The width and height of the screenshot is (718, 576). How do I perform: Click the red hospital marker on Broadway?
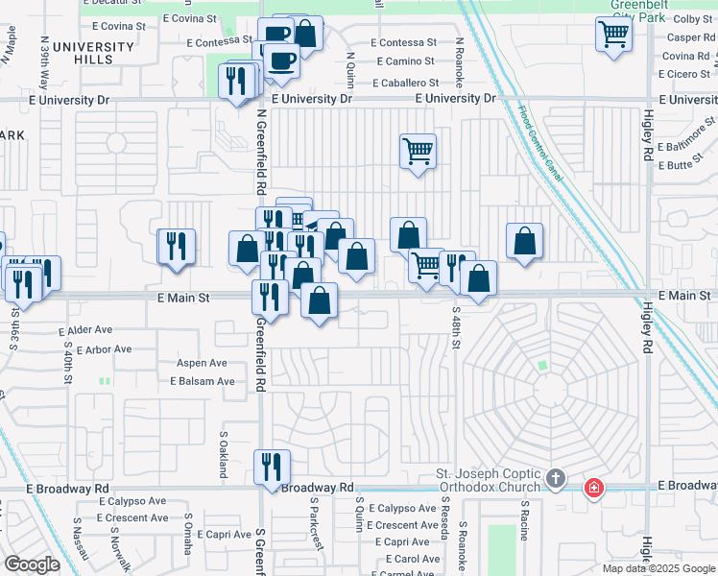pyautogui.click(x=594, y=489)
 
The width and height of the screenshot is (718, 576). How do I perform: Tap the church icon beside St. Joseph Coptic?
pyautogui.click(x=555, y=478)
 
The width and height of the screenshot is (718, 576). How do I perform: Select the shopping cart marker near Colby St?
pyautogui.click(x=613, y=35)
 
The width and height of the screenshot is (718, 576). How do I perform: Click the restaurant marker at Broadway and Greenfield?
pyautogui.click(x=272, y=468)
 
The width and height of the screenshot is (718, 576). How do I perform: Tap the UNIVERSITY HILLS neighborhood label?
pyautogui.click(x=93, y=53)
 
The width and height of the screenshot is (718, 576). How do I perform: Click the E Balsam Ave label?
pyautogui.click(x=202, y=381)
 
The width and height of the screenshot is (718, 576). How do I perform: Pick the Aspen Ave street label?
pyautogui.click(x=202, y=363)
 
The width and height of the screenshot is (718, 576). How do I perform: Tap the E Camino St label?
pyautogui.click(x=406, y=61)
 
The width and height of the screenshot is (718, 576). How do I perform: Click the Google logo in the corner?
pyautogui.click(x=33, y=564)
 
